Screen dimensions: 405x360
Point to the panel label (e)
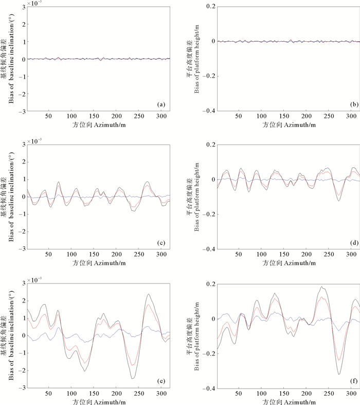[x=161, y=381]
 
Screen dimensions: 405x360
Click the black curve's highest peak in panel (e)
[x=148, y=294]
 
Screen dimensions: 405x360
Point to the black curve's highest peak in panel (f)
[x=322, y=287]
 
